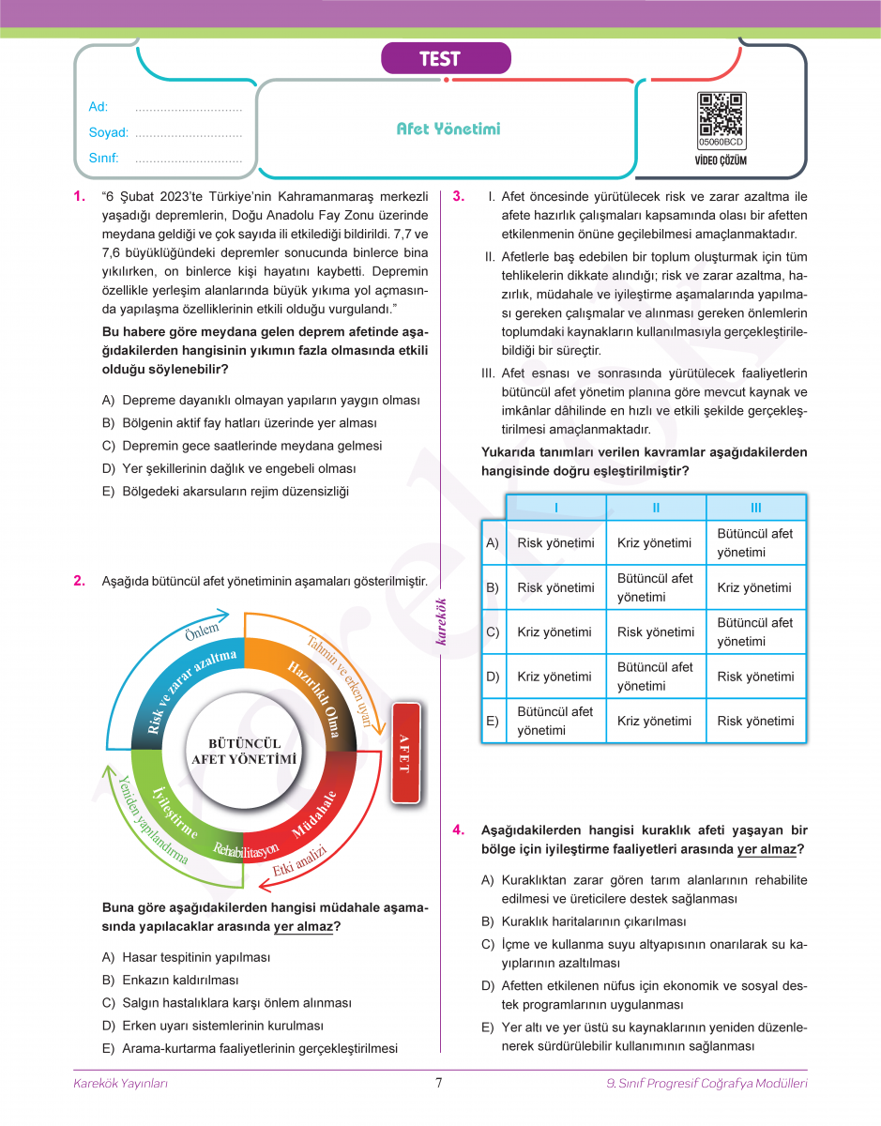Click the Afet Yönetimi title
(x=448, y=129)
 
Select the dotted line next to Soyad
(x=189, y=134)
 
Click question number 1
(x=79, y=197)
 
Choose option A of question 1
(x=261, y=400)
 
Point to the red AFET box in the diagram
(x=404, y=752)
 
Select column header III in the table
(x=755, y=508)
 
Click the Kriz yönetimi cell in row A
(x=654, y=543)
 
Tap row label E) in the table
(x=492, y=722)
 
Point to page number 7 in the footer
(x=439, y=1083)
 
